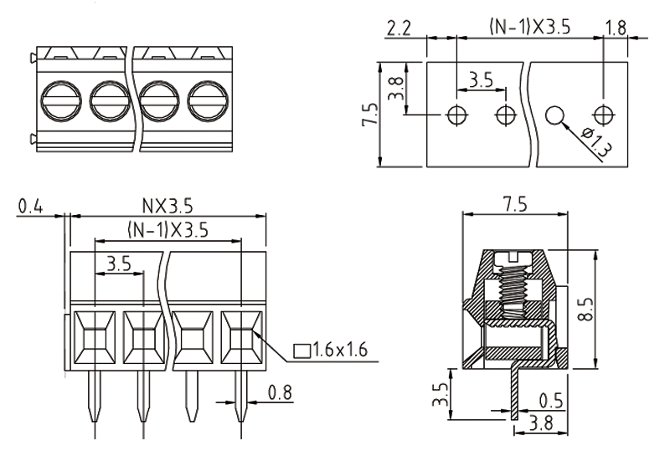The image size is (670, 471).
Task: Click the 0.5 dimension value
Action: [x=550, y=399]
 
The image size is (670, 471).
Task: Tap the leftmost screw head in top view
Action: [x=59, y=103]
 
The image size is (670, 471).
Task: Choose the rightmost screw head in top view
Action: [x=206, y=103]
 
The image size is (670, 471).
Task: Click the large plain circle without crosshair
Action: [x=555, y=115]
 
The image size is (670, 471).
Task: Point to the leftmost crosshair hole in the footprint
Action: [x=457, y=115]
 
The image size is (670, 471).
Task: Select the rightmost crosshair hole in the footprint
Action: [x=604, y=115]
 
